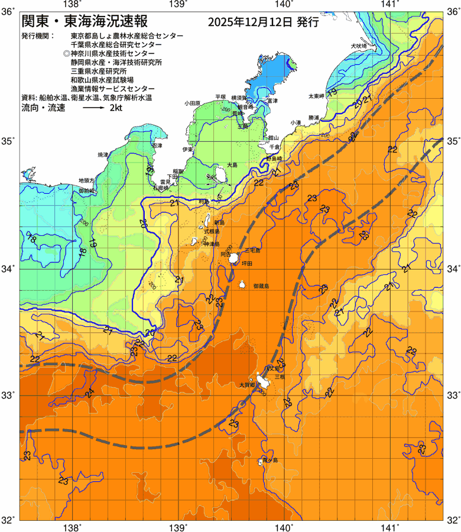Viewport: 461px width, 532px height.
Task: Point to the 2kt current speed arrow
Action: click(x=93, y=108)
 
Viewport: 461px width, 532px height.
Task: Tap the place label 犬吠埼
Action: click(x=359, y=46)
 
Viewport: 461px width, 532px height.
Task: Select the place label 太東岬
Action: click(x=316, y=96)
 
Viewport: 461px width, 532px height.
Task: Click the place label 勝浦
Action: click(x=313, y=117)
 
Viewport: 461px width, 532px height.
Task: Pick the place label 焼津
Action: click(x=104, y=155)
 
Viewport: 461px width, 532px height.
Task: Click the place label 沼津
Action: click(x=157, y=145)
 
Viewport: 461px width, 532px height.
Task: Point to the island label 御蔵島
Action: click(x=261, y=286)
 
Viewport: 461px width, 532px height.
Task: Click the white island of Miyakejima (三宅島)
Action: click(x=235, y=258)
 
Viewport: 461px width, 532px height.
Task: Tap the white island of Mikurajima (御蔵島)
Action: click(x=243, y=284)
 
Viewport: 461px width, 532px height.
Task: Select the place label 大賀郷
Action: click(x=246, y=384)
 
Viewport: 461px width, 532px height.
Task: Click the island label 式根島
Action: click(x=212, y=232)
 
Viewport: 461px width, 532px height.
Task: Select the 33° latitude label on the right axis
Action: click(x=452, y=395)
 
